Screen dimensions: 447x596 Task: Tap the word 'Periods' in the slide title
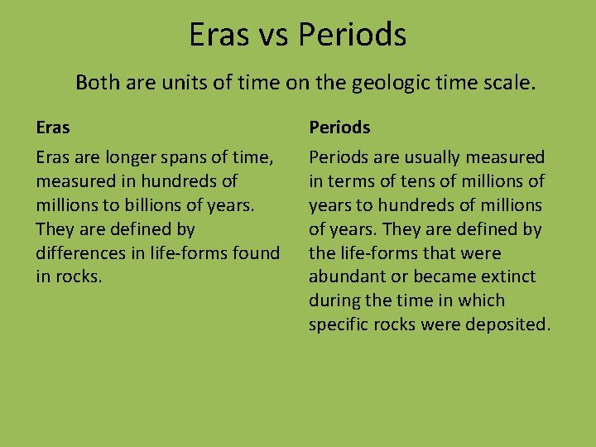353,35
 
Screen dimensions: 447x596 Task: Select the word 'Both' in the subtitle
95,83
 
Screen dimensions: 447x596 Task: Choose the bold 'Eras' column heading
53,127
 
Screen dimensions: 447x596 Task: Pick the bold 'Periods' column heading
339,127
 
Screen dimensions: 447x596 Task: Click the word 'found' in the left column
255,252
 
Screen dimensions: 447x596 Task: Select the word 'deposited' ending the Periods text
508,324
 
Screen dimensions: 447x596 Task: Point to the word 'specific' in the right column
339,324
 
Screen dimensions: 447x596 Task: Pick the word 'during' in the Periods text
334,300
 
